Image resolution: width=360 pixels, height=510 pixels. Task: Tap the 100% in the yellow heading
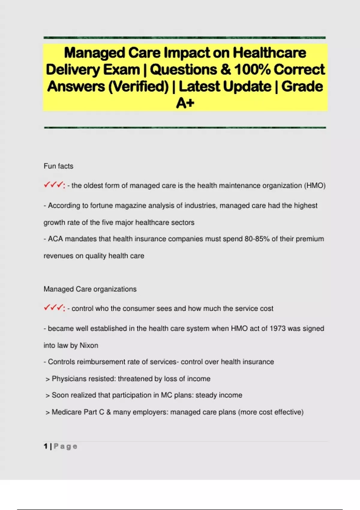[x=252, y=70]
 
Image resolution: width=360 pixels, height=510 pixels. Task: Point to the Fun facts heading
[x=58, y=166]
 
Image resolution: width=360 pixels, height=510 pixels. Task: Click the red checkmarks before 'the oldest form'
[x=54, y=185]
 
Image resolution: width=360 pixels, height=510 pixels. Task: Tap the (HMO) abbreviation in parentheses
[x=315, y=186]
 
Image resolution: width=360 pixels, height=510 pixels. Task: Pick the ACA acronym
[x=55, y=239]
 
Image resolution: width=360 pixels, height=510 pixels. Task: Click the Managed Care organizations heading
[x=90, y=289]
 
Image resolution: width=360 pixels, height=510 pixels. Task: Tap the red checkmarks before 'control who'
[x=54, y=308]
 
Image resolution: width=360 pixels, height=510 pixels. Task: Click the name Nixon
[x=89, y=345]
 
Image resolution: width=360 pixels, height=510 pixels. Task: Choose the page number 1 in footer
[x=46, y=446]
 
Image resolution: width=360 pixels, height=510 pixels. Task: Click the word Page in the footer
[x=65, y=446]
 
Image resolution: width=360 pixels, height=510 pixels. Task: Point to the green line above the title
[x=184, y=38]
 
